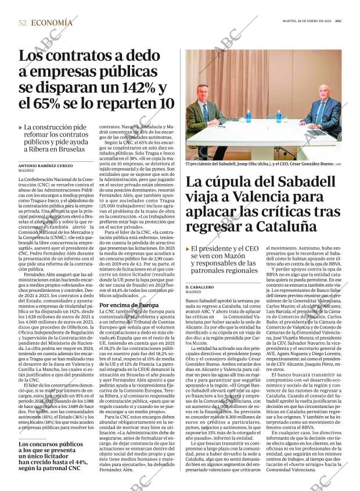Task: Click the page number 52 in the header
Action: (x=23, y=23)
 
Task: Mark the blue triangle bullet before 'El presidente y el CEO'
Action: (x=188, y=249)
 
